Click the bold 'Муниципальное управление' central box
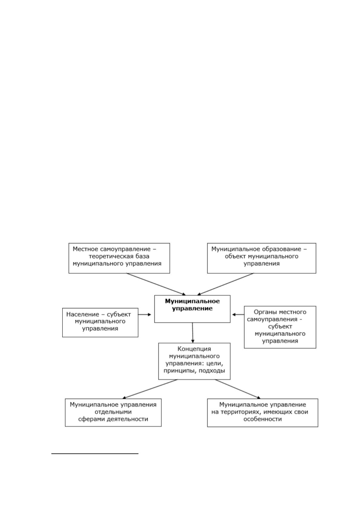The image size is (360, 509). click(x=192, y=309)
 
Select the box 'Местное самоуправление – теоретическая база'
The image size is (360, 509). click(x=119, y=258)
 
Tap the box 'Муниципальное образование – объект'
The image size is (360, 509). click(x=261, y=258)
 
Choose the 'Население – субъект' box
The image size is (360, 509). click(x=100, y=322)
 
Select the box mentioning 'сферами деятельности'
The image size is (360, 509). click(x=113, y=412)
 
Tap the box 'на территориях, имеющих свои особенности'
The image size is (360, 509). click(x=262, y=413)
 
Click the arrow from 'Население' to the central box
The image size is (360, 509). click(x=145, y=314)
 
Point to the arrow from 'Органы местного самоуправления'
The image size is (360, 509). click(x=238, y=314)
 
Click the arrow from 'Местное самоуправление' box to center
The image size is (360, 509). click(x=156, y=284)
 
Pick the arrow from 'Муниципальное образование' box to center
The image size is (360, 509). click(x=225, y=284)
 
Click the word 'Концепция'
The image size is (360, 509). click(x=194, y=349)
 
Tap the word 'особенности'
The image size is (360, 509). click(x=262, y=419)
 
